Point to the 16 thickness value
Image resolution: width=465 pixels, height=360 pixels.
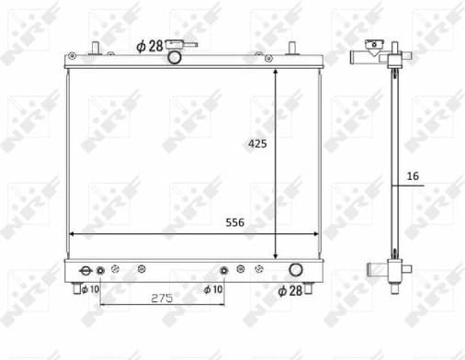pos(411,174)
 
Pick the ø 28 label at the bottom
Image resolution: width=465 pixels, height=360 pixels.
pos(290,292)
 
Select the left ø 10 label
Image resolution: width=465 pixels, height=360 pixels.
pos(89,289)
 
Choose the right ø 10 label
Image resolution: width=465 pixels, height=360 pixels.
pos(212,289)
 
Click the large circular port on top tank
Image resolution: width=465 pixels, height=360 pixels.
pos(174,59)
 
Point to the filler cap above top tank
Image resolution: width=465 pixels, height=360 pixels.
pos(187,44)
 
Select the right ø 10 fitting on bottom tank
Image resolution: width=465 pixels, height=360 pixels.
pos(223,270)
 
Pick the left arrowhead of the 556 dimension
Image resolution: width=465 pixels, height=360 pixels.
pos(74,233)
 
